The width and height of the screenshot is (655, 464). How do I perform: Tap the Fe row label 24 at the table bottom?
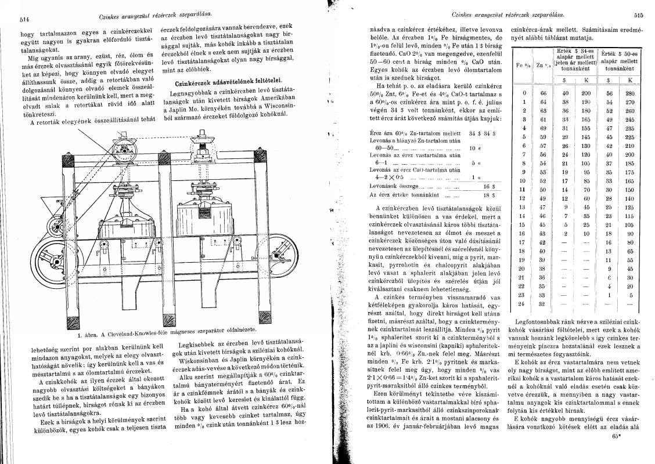[x=523, y=303]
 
